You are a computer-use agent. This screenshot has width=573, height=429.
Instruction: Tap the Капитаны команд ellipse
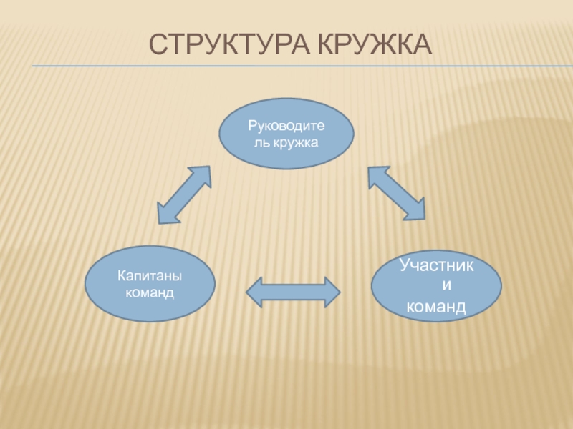(x=150, y=284)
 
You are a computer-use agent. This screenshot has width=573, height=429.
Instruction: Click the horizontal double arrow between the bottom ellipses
(x=293, y=292)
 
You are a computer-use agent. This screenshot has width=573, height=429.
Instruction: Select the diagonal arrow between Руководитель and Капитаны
(x=183, y=194)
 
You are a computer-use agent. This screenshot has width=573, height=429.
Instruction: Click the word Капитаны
(x=150, y=276)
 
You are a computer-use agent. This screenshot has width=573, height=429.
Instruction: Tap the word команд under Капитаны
(x=150, y=293)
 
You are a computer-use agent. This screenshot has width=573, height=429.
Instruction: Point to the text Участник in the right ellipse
(x=436, y=266)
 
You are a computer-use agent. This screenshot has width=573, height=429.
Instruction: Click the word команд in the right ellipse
(x=436, y=308)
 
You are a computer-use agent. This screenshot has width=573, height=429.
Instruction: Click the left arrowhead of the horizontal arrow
(x=256, y=292)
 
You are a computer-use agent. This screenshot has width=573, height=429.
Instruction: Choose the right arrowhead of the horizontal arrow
(x=331, y=292)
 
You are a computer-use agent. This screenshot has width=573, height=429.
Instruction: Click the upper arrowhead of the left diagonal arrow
(x=202, y=175)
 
